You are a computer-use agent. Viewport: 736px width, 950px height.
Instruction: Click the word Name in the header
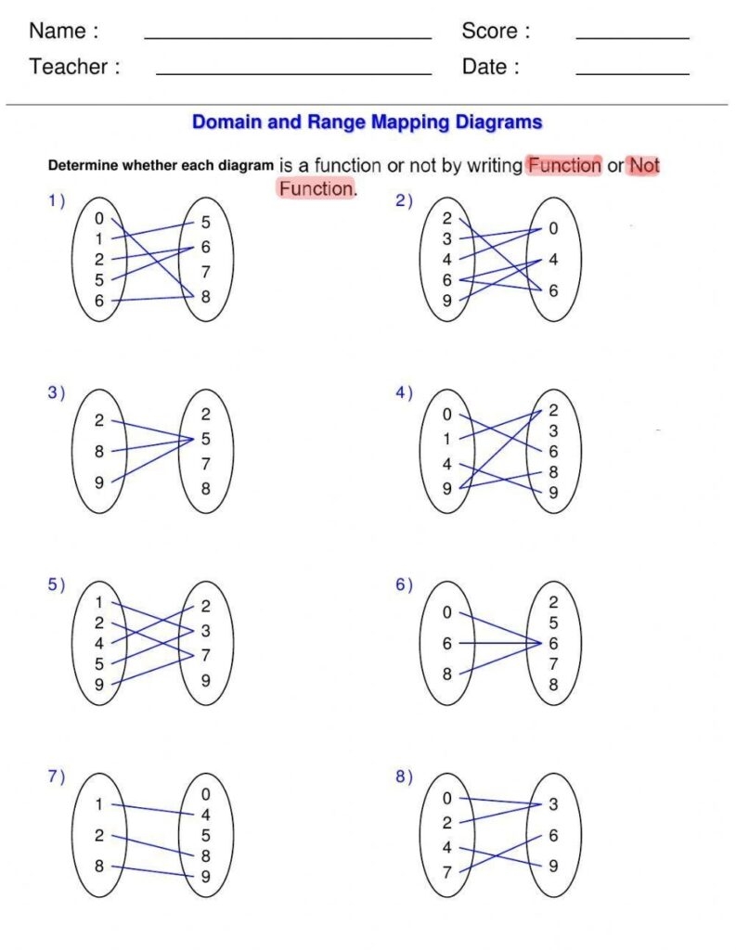click(x=58, y=31)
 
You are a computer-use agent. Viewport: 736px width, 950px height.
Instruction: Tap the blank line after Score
click(x=632, y=38)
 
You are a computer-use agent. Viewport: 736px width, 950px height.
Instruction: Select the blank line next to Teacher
click(x=293, y=73)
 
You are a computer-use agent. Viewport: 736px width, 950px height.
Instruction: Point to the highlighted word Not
click(x=644, y=165)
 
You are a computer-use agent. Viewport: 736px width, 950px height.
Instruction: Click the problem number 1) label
click(x=57, y=199)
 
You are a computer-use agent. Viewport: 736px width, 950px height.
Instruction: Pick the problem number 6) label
click(x=404, y=584)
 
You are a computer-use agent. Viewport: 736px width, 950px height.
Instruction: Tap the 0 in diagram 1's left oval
click(x=99, y=219)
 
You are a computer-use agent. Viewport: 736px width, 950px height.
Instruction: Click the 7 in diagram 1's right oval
click(x=205, y=273)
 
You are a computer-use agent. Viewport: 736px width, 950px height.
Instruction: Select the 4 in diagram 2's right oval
click(x=553, y=261)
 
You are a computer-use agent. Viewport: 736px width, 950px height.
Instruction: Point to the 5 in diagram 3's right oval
click(x=205, y=439)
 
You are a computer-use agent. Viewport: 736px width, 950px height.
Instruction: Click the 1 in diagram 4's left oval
click(x=446, y=439)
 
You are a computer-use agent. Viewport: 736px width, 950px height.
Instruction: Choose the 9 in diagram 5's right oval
click(x=205, y=680)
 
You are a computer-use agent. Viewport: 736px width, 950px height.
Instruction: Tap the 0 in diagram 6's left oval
click(x=446, y=612)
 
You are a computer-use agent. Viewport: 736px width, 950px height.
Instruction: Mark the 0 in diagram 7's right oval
click(x=205, y=794)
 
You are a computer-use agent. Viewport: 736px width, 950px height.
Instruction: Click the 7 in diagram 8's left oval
click(x=446, y=872)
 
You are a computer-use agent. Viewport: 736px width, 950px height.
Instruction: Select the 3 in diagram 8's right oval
click(x=553, y=804)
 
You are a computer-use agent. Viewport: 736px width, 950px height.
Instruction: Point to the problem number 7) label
click(x=57, y=777)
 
